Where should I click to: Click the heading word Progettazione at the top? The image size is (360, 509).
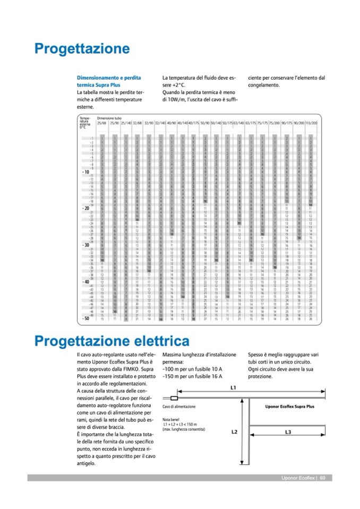click(82, 49)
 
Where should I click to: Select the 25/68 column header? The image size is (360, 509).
click(102, 123)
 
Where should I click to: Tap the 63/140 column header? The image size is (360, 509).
click(238, 123)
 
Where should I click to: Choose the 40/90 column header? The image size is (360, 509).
click(171, 123)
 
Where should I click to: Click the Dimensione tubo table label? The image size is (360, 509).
click(108, 118)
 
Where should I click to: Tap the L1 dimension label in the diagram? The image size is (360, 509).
click(233, 389)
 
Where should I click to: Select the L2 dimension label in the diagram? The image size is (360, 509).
click(234, 432)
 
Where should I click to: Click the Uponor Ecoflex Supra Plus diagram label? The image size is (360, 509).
click(289, 407)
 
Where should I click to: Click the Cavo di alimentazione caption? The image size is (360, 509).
click(179, 407)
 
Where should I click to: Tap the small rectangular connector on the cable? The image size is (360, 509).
click(174, 397)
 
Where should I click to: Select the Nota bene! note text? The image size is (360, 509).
click(171, 420)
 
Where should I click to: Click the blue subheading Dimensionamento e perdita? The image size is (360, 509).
click(109, 78)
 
